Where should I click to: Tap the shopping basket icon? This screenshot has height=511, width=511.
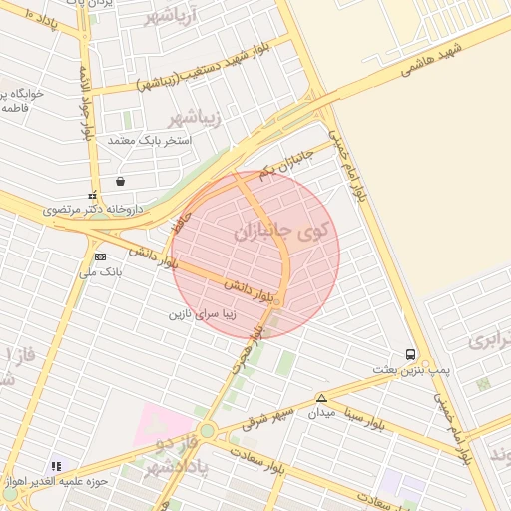(x=121, y=182)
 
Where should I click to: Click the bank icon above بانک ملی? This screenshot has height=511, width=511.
(x=99, y=256)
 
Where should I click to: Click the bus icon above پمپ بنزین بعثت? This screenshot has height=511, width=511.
(x=411, y=354)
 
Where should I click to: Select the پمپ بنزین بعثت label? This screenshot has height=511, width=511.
(x=412, y=370)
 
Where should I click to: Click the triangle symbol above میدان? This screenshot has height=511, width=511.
(x=321, y=397)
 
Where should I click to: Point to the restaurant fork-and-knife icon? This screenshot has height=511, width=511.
(x=56, y=466)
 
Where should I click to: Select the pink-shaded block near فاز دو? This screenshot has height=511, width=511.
(x=162, y=424)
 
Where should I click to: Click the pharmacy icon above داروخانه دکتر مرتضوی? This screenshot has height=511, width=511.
(x=93, y=196)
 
